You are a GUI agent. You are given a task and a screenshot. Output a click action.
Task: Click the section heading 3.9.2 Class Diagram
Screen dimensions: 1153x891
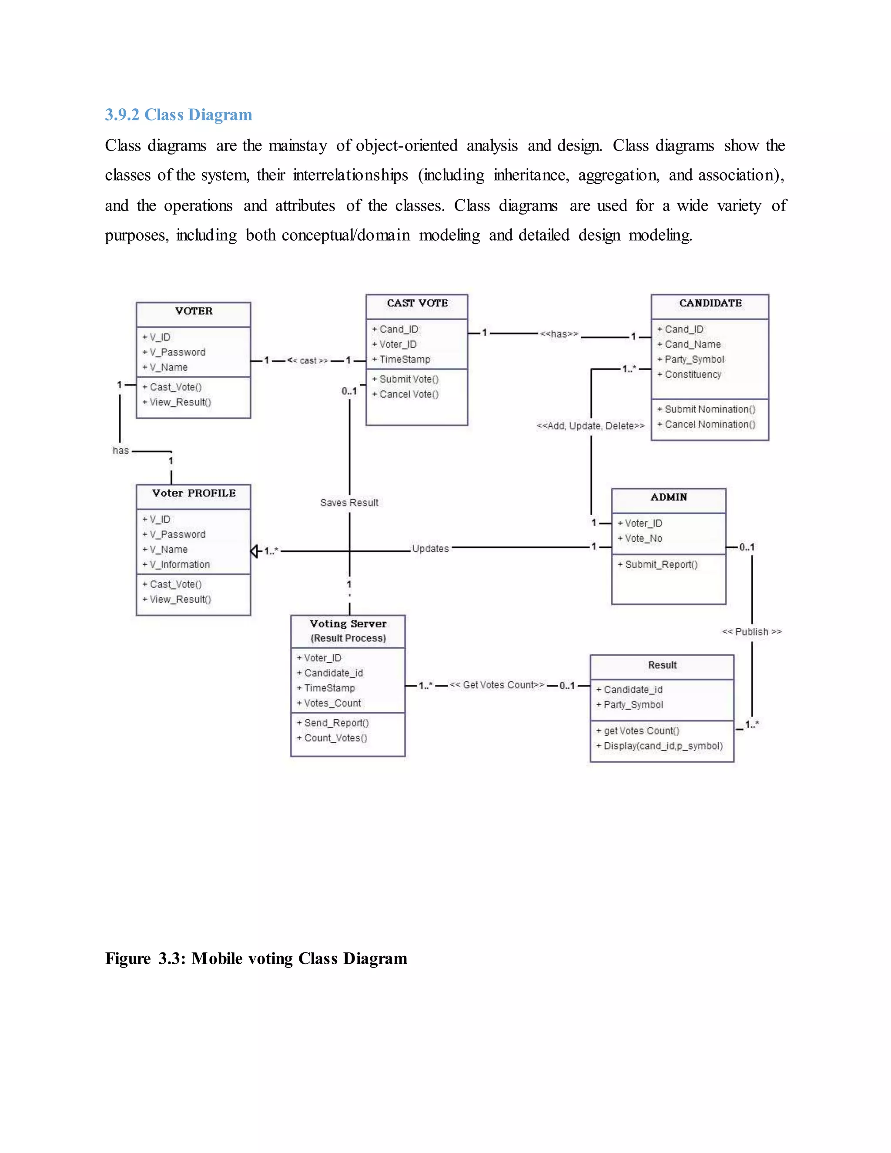(178, 114)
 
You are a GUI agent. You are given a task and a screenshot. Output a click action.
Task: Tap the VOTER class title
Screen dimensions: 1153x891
(194, 311)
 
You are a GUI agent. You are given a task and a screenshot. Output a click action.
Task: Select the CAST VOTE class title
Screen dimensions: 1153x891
(417, 303)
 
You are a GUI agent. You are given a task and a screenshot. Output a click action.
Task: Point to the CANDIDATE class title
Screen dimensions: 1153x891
(710, 303)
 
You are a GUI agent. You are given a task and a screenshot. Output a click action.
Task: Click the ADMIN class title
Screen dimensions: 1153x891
(669, 497)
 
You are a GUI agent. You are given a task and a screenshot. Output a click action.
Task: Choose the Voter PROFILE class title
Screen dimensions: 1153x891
(194, 493)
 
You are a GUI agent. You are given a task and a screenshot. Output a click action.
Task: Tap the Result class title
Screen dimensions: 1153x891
(662, 665)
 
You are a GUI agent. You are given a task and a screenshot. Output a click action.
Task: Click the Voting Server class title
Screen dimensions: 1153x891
(348, 624)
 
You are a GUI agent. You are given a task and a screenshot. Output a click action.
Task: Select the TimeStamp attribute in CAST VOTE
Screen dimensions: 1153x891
(404, 359)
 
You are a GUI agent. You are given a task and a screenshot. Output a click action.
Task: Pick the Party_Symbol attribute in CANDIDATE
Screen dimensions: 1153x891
(694, 359)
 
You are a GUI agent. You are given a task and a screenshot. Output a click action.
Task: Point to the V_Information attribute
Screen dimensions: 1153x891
(180, 565)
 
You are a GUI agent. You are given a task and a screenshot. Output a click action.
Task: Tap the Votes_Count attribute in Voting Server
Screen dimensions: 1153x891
(332, 703)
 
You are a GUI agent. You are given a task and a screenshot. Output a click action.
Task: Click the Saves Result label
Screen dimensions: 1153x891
(349, 503)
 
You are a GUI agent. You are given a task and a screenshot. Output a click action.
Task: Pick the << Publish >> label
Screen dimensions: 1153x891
(752, 632)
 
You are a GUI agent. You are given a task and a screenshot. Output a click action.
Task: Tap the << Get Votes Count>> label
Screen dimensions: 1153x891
(497, 685)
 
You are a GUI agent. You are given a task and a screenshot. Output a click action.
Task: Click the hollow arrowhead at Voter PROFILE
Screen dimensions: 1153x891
(255, 551)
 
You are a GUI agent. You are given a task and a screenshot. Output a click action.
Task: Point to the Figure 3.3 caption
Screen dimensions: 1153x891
(256, 959)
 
